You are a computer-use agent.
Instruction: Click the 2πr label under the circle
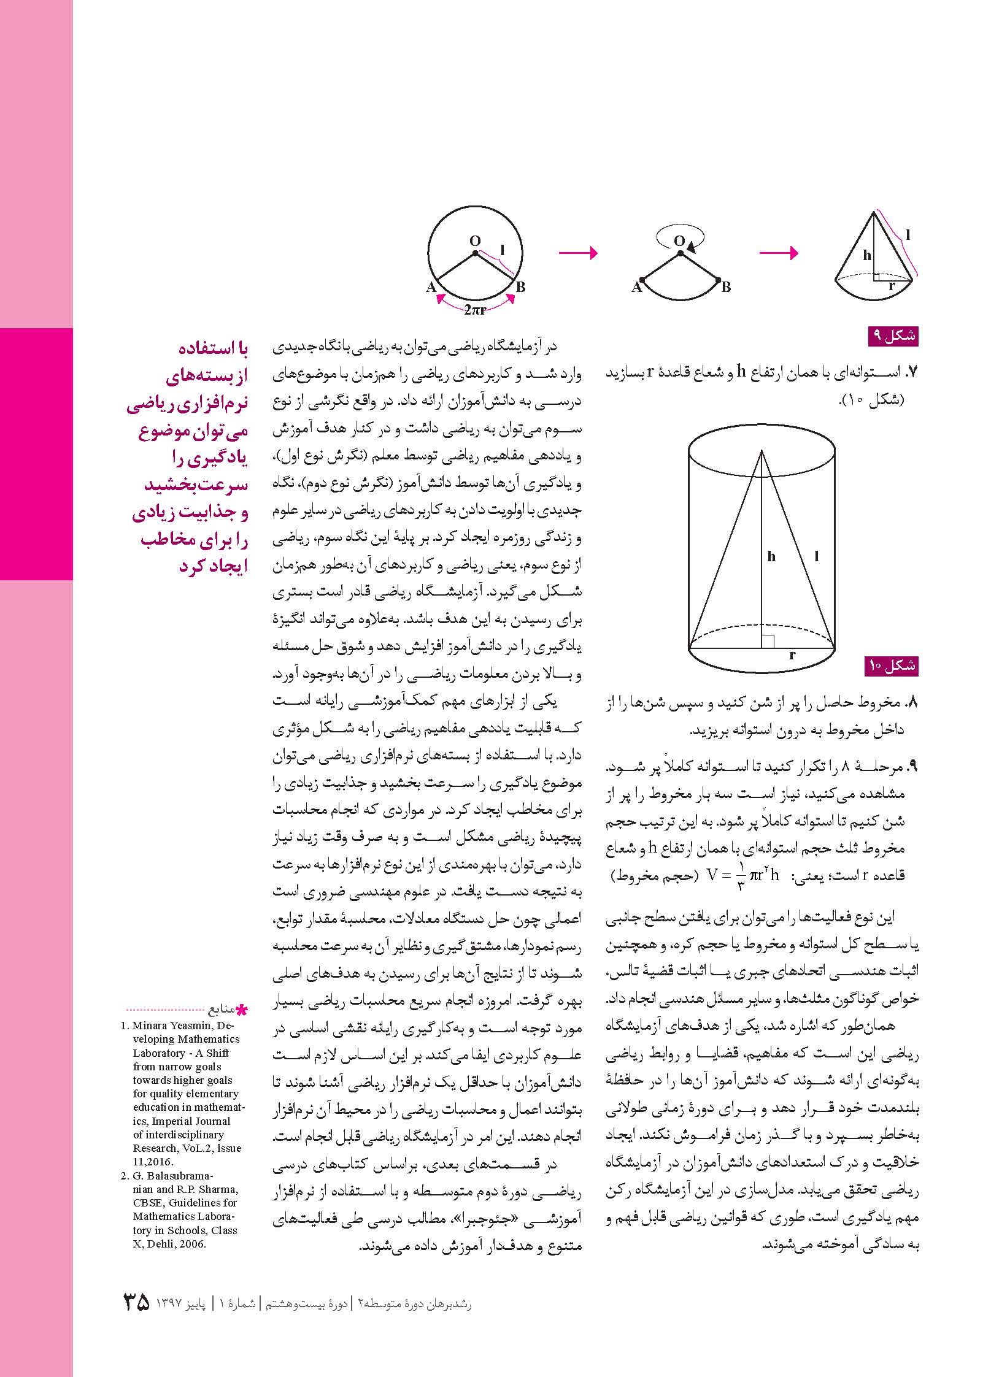coord(475,310)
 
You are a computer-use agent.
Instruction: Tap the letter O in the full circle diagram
coord(475,240)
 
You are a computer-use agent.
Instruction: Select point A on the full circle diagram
coord(431,286)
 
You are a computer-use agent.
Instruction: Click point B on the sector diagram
coord(726,286)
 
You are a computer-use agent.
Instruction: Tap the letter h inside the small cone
coord(866,255)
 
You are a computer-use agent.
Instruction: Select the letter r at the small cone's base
coord(892,285)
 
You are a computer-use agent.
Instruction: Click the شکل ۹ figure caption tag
coord(894,336)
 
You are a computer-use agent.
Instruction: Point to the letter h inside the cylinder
coord(771,557)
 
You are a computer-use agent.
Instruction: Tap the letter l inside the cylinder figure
coord(816,557)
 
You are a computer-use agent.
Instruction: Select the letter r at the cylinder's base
coord(793,655)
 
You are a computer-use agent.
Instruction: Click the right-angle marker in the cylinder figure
coord(768,641)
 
